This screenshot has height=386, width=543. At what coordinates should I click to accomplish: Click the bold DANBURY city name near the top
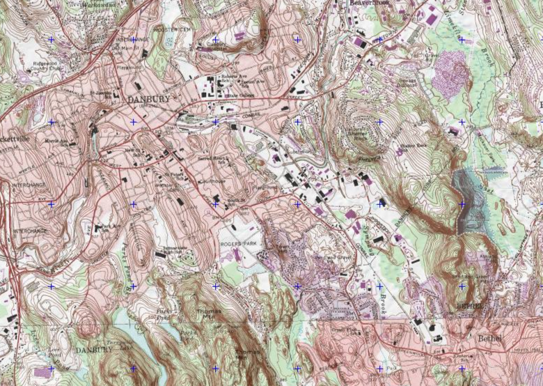[148, 100]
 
